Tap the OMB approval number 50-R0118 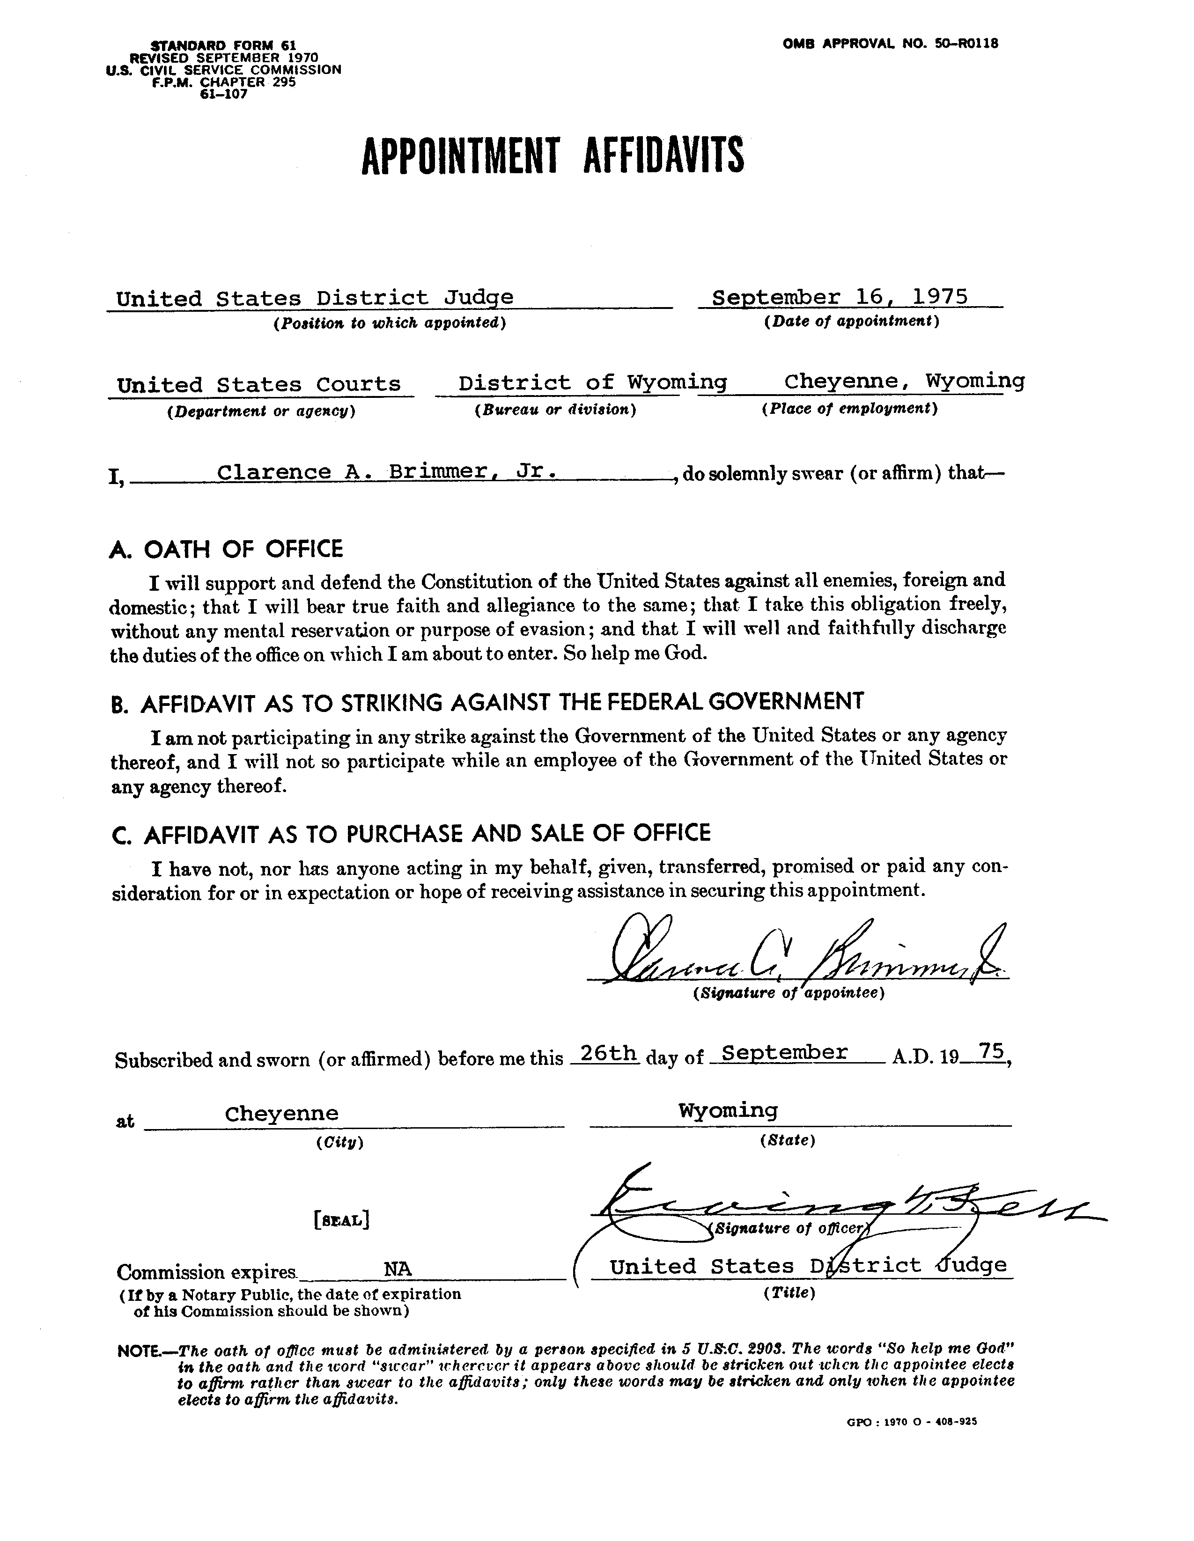click(890, 43)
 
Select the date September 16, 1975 click(840, 297)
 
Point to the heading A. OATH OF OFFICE click(227, 549)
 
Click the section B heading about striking click(487, 702)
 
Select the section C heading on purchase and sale click(411, 833)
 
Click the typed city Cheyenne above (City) click(281, 1114)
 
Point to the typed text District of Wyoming click(592, 382)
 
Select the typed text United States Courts click(259, 384)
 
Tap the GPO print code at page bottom click(911, 1422)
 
